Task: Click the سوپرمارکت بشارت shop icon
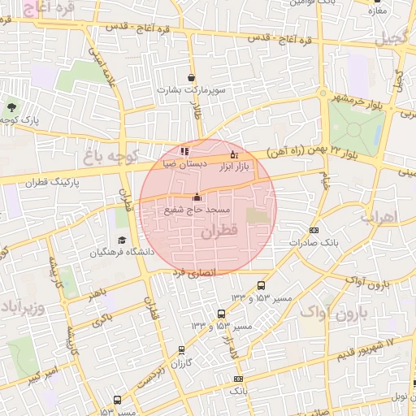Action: [x=191, y=78]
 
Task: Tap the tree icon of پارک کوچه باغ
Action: [x=11, y=106]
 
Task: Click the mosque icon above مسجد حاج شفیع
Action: [x=197, y=197]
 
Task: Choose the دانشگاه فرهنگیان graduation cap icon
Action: [x=122, y=240]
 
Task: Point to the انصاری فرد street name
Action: [x=195, y=274]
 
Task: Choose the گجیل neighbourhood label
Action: [x=393, y=37]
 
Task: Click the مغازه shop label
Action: [x=375, y=11]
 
